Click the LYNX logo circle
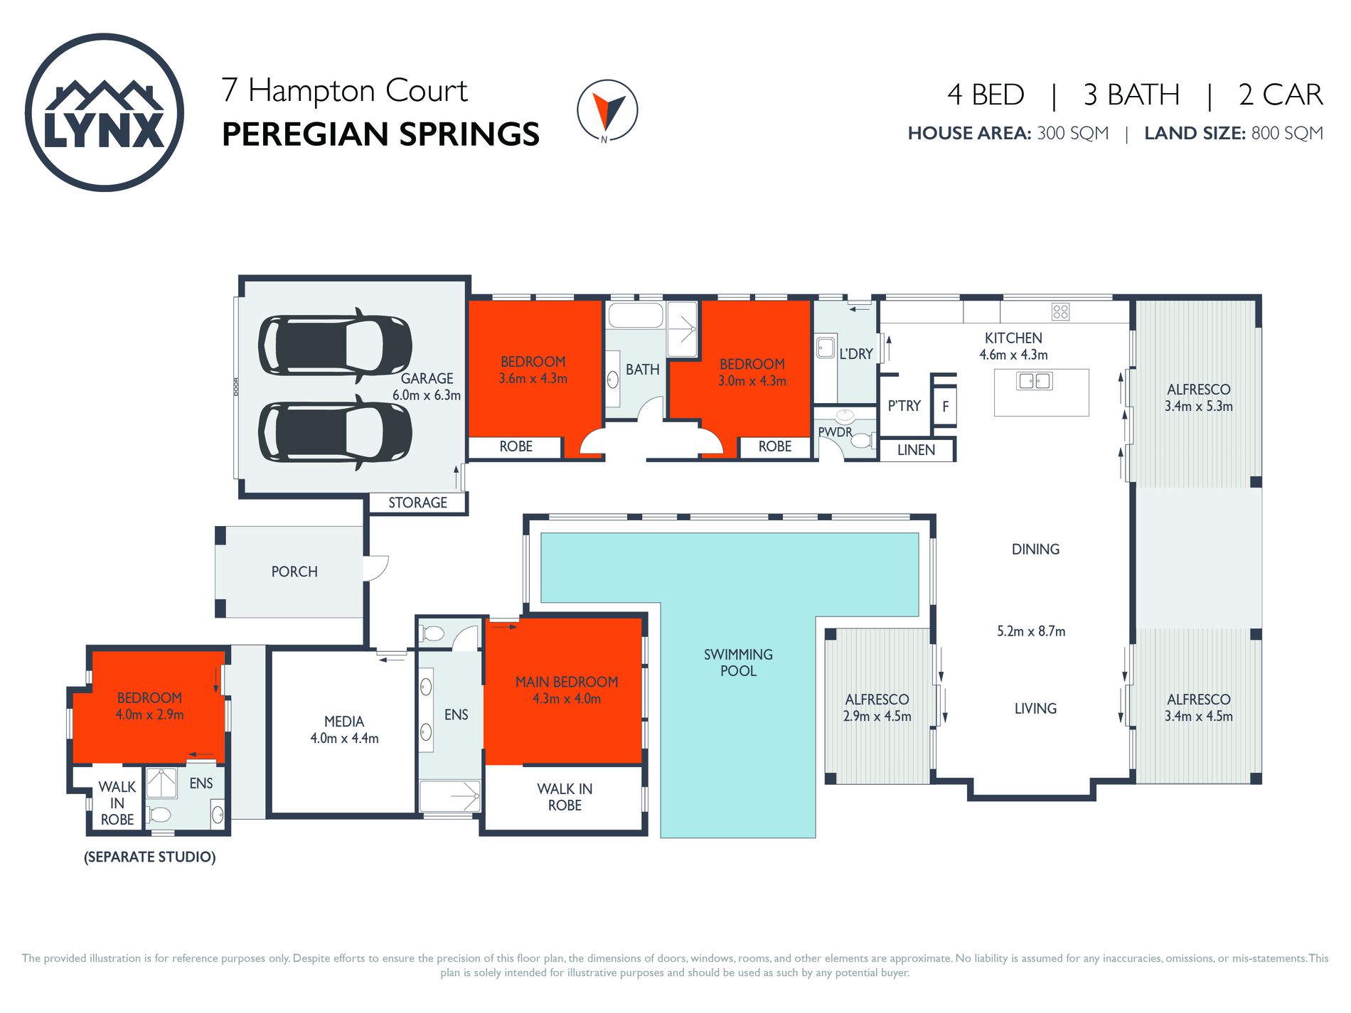point(105,112)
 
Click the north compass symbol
point(607,110)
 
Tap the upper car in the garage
point(334,345)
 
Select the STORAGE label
point(417,503)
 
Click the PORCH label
point(294,572)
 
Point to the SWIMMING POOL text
point(738,663)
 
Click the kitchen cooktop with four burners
point(1060,311)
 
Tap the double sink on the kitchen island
point(1035,381)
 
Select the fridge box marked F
point(945,407)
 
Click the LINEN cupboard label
point(916,450)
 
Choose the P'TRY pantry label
point(904,406)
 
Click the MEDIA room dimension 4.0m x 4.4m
point(344,739)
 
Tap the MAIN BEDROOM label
point(567,682)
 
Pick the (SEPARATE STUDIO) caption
point(150,857)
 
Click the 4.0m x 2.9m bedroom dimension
point(150,714)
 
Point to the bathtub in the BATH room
point(636,315)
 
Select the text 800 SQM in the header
point(1287,133)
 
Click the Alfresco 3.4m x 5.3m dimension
point(1198,406)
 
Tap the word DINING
point(1035,549)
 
